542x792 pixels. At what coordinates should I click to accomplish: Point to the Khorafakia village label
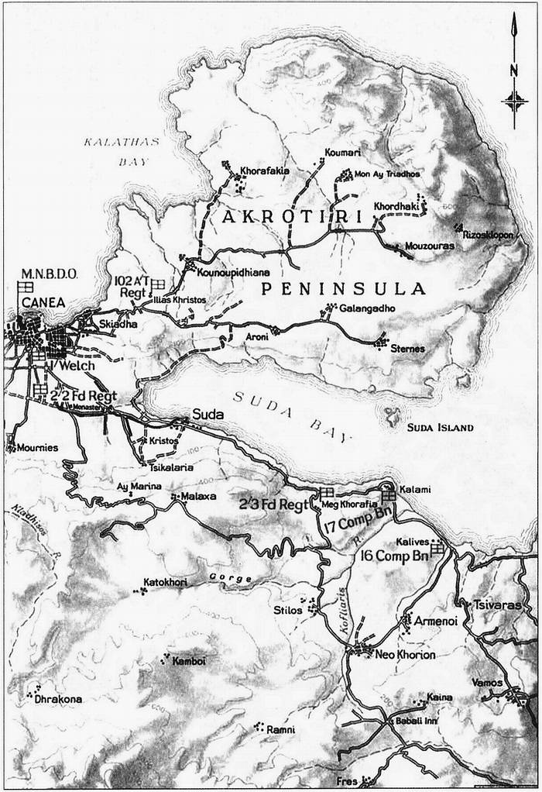pos(266,167)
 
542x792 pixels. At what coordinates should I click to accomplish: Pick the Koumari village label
pos(343,153)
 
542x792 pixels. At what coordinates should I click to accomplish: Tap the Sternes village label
pos(407,349)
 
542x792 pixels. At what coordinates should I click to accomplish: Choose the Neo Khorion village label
pos(405,655)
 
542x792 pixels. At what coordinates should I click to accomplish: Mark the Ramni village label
pos(280,730)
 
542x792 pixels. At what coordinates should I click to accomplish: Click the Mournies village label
pos(36,448)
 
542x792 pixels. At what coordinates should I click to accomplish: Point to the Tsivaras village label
pos(497,604)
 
